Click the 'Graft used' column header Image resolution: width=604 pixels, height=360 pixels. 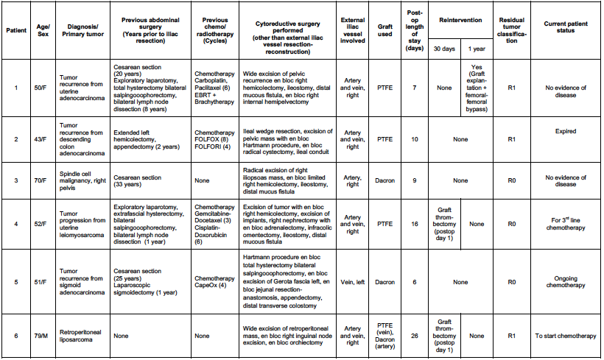coord(385,30)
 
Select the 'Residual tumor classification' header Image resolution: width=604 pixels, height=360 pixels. coord(511,30)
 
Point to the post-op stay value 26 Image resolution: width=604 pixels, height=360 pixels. coord(415,336)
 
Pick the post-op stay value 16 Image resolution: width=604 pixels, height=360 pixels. coord(415,224)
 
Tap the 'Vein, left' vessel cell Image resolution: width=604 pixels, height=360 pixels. coord(353,281)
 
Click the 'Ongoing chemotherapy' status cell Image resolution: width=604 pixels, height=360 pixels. coord(566,281)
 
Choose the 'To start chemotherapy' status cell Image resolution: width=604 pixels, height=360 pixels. coord(566,336)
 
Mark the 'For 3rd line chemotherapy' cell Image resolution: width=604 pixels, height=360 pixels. coord(566,224)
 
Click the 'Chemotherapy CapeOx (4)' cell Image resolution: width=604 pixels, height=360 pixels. coord(214,281)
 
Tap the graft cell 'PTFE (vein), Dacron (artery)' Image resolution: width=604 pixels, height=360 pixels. coord(385,336)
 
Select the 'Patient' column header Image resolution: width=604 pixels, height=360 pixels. coord(16,30)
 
